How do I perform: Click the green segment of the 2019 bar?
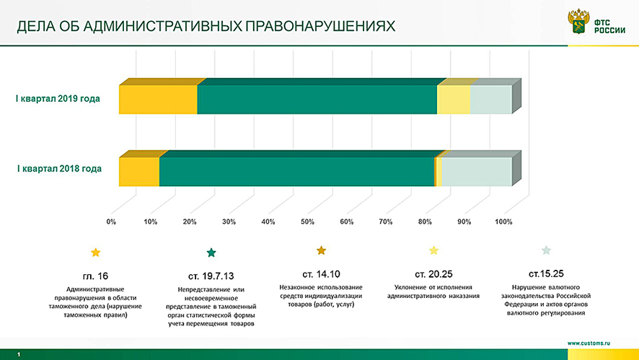pyautogui.click(x=317, y=99)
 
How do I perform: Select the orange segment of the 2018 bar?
pyautogui.click(x=138, y=172)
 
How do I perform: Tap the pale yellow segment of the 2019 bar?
pyautogui.click(x=453, y=99)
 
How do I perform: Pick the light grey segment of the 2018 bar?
pyautogui.click(x=476, y=172)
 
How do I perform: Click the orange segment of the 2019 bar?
pyautogui.click(x=158, y=99)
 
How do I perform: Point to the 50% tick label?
pyautogui.click(x=307, y=221)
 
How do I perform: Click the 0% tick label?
pyautogui.click(x=111, y=221)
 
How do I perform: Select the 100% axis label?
pyautogui.click(x=503, y=221)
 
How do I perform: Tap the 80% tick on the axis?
pyautogui.click(x=425, y=221)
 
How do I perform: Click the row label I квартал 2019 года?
pyautogui.click(x=59, y=99)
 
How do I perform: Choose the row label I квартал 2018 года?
pyautogui.click(x=59, y=169)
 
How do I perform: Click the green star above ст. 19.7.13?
pyautogui.click(x=211, y=253)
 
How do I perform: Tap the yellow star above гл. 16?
pyautogui.click(x=95, y=253)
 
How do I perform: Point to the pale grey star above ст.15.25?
pyautogui.click(x=546, y=250)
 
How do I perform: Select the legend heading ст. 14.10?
pyautogui.click(x=321, y=274)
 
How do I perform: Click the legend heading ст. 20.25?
pyautogui.click(x=433, y=275)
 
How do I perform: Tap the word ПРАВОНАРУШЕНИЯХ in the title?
pyautogui.click(x=320, y=27)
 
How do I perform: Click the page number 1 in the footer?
pyautogui.click(x=19, y=354)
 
